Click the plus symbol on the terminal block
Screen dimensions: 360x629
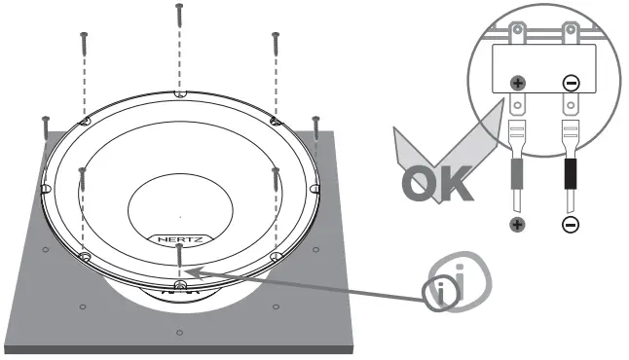tap(520, 83)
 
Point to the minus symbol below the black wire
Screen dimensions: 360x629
tap(570, 225)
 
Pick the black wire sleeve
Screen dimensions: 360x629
tap(570, 177)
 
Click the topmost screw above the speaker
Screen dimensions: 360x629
tap(178, 14)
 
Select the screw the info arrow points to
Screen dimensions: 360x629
tap(180, 255)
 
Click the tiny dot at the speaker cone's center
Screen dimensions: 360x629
tap(180, 215)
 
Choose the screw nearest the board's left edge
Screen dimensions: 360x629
tap(45, 127)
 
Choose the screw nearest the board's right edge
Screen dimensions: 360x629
tap(315, 127)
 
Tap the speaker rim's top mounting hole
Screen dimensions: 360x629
tap(178, 95)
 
